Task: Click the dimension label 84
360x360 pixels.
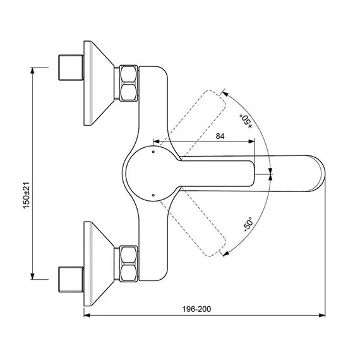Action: [220, 136]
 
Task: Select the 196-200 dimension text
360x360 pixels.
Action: [196, 309]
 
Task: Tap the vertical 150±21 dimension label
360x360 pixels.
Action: [27, 195]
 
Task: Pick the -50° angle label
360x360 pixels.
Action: [248, 224]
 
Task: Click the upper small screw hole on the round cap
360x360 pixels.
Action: [153, 152]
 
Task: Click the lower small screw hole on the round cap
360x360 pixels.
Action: [153, 195]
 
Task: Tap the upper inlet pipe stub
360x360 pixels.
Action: [71, 68]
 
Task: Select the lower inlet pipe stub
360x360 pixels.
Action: [71, 279]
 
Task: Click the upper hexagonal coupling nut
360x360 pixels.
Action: [129, 83]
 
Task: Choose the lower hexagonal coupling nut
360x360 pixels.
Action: [129, 263]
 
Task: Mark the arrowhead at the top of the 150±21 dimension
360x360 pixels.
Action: [32, 70]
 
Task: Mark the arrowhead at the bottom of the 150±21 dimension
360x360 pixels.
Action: [32, 277]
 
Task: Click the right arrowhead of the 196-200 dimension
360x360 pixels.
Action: [322, 315]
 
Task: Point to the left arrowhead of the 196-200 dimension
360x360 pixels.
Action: [87, 315]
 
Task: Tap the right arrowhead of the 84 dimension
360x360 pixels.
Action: [251, 141]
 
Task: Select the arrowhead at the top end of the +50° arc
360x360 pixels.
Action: [225, 93]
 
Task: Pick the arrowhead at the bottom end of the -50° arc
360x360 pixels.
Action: [226, 253]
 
